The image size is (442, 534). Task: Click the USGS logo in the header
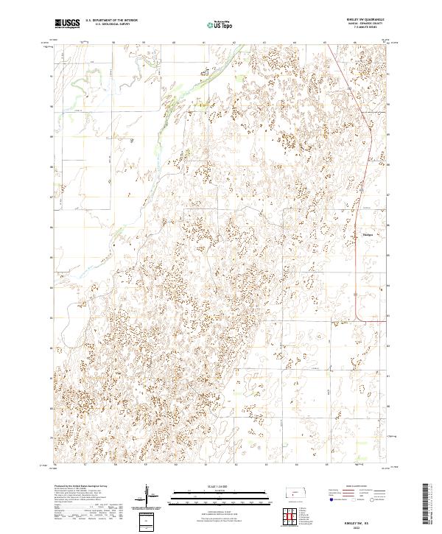tap(67, 24)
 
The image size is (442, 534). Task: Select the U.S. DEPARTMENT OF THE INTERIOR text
tap(112, 21)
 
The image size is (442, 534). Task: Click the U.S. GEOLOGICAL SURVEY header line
tap(112, 24)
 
